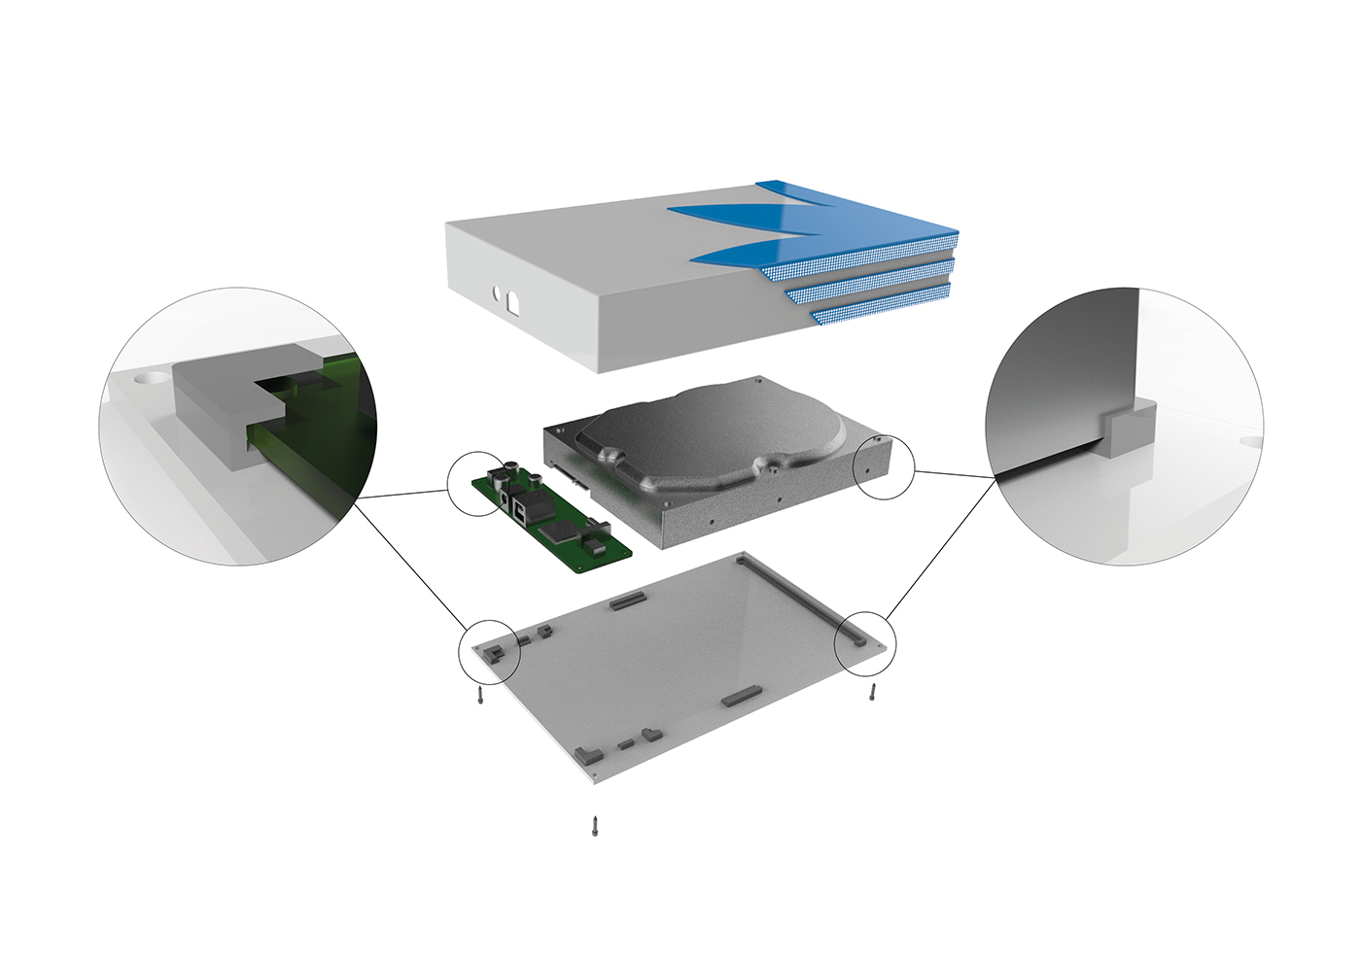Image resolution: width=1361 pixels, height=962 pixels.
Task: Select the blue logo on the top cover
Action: pyautogui.click(x=768, y=228)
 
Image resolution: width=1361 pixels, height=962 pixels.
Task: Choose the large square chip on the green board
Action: pyautogui.click(x=562, y=529)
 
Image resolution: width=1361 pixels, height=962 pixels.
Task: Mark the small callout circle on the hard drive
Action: pyautogui.click(x=884, y=468)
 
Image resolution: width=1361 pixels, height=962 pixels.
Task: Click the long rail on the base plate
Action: pyautogui.click(x=797, y=594)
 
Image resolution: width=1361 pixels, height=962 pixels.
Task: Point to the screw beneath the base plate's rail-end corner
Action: pyautogui.click(x=873, y=692)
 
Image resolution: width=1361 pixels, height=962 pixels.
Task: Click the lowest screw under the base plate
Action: pyautogui.click(x=595, y=826)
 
